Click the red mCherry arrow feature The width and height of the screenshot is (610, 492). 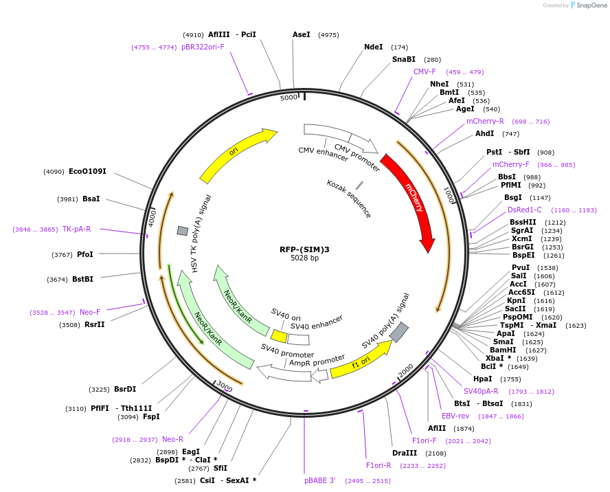tap(411, 200)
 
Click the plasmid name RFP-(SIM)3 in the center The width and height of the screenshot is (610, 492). tap(304, 249)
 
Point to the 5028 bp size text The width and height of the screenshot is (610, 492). tap(304, 258)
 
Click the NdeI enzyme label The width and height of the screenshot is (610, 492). tap(373, 47)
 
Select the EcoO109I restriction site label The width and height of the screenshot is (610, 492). tap(87, 171)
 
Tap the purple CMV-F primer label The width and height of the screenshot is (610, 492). tap(425, 71)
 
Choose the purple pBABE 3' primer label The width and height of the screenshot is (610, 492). tap(319, 480)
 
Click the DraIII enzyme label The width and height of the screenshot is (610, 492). tap(405, 453)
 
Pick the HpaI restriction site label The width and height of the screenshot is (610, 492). tap(482, 379)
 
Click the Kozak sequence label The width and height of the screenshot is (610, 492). tap(349, 199)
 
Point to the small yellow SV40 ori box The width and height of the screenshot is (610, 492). tap(279, 336)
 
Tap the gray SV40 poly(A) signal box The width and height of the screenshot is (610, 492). tap(399, 333)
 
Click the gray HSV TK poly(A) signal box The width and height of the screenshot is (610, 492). tap(182, 231)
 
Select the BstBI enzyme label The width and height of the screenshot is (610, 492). tap(82, 279)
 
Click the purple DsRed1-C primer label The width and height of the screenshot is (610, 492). tap(525, 210)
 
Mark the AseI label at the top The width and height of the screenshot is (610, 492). tap(302, 34)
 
